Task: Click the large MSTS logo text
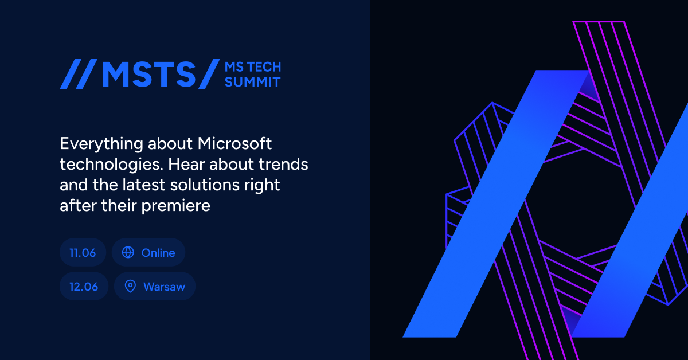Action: [x=148, y=75]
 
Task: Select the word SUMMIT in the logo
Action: [x=252, y=82]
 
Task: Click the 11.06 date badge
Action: [x=83, y=253]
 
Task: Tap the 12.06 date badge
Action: [x=84, y=287]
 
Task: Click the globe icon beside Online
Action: [x=128, y=253]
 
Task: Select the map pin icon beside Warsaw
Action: [x=130, y=287]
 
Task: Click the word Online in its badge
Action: [x=158, y=253]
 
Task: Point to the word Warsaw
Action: [x=164, y=287]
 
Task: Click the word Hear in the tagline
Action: [x=193, y=165]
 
